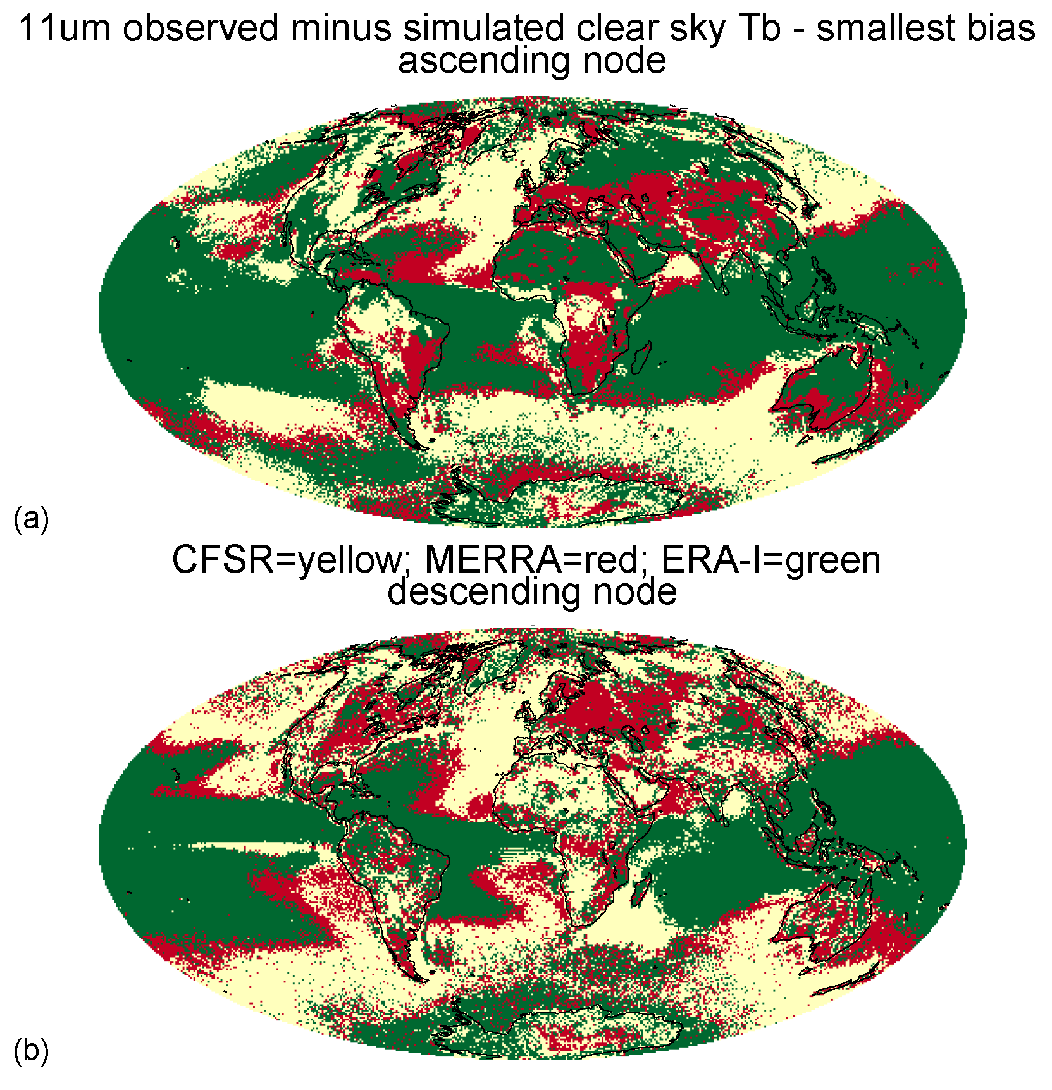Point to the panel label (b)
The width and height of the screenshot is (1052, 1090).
click(31, 1051)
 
